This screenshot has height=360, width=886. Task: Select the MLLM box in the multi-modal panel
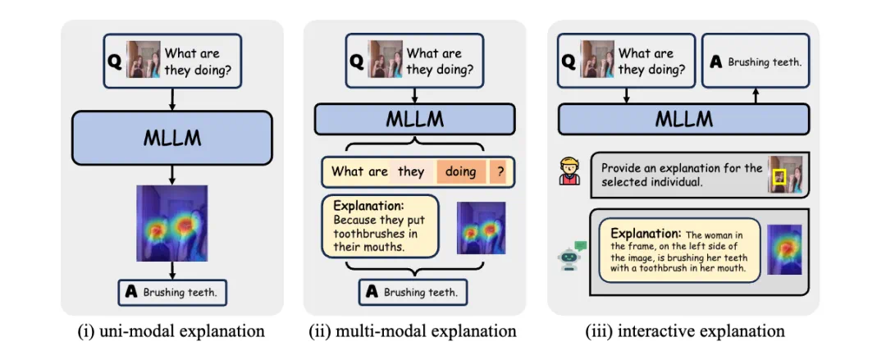point(414,120)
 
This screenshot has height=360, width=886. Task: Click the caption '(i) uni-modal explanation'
point(171,331)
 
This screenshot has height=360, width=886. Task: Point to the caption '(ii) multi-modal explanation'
point(413,331)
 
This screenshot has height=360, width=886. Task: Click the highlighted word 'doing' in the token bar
point(460,171)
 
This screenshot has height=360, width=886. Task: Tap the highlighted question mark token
point(500,171)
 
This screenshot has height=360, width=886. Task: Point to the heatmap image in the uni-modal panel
point(172,222)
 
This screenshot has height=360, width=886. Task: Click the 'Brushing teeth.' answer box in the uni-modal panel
point(173,291)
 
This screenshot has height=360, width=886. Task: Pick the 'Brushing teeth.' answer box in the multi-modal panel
point(413,291)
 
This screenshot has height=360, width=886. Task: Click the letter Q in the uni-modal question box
point(116,62)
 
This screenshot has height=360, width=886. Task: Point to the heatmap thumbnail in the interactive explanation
point(783,249)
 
